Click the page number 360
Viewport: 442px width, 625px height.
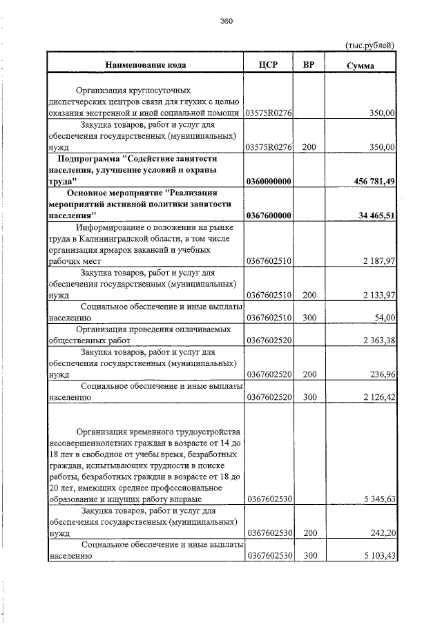[227, 21]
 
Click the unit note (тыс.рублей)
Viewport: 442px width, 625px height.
[369, 45]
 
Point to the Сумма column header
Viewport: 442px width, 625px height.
[361, 66]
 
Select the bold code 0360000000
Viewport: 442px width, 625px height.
[269, 182]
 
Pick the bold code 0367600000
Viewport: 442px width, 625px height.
[269, 216]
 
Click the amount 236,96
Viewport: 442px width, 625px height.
[381, 374]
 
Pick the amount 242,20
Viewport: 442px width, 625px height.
[381, 532]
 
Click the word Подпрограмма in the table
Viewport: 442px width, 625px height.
[93, 159]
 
